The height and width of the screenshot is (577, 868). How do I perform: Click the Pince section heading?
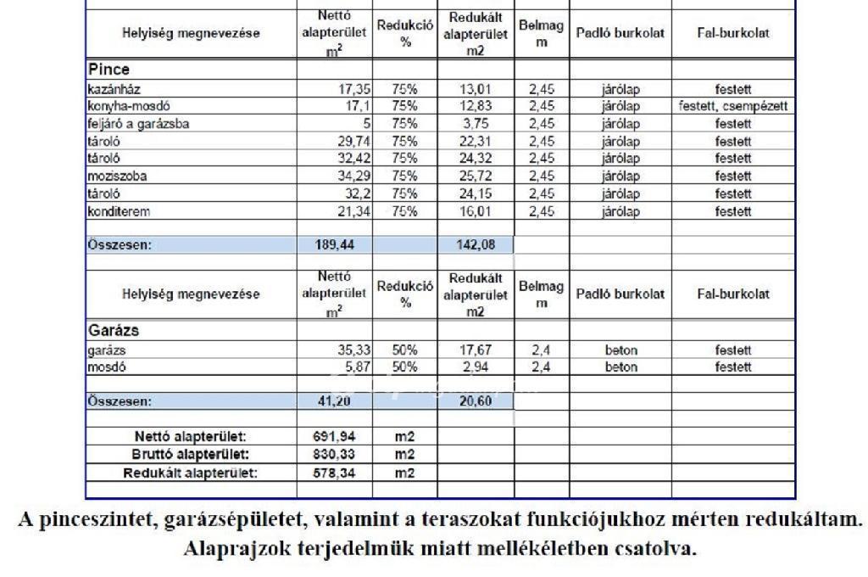pos(108,70)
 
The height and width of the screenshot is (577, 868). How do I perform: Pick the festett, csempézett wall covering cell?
pos(733,106)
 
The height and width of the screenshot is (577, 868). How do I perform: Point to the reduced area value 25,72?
pos(475,176)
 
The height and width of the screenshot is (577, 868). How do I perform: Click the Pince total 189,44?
pos(335,245)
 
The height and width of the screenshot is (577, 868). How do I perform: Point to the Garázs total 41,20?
pos(335,401)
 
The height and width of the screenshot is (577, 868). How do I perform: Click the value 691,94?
pos(335,437)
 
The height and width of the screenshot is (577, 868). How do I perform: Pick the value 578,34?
pos(335,472)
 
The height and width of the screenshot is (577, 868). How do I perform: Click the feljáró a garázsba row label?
pos(137,124)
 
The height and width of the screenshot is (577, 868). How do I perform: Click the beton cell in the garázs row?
pos(621,350)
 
